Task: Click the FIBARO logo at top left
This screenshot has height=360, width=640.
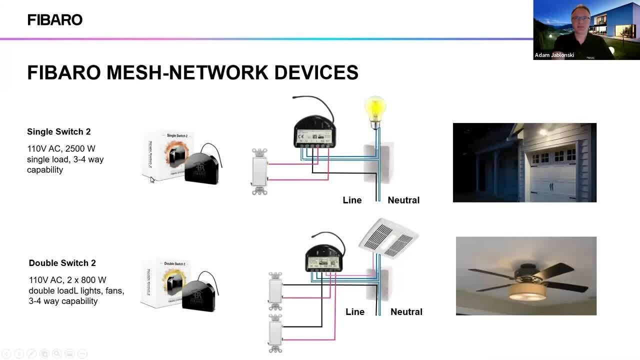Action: click(x=54, y=20)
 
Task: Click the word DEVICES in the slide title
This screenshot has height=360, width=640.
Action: click(x=316, y=72)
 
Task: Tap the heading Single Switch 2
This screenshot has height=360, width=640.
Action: click(x=58, y=132)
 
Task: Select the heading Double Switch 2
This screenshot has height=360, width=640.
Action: click(x=62, y=263)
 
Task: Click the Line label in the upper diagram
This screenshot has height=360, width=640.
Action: click(x=352, y=200)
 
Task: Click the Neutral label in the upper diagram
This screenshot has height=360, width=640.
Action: click(x=403, y=200)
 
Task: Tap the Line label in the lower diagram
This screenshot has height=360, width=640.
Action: click(x=355, y=311)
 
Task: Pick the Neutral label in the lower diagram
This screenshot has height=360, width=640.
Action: click(x=406, y=311)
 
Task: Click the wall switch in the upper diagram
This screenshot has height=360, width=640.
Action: click(x=259, y=171)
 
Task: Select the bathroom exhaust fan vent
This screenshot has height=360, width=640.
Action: click(x=388, y=238)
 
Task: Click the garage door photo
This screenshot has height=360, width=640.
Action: click(x=524, y=162)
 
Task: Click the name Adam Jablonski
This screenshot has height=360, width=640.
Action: click(x=554, y=55)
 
